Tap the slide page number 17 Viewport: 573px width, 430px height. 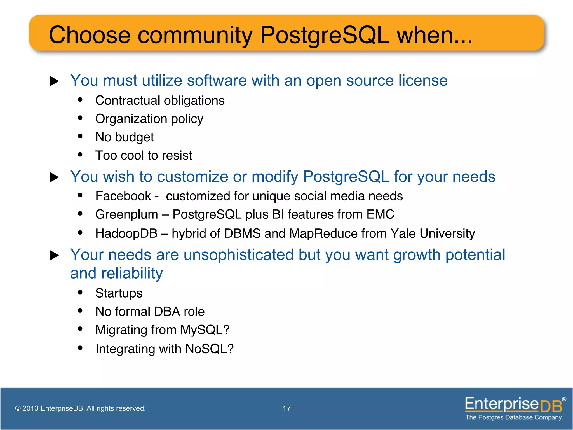click(x=286, y=408)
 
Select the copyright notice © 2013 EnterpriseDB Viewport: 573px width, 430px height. click(x=80, y=408)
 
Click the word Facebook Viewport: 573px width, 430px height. click(x=123, y=196)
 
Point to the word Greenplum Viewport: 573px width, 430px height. click(x=126, y=214)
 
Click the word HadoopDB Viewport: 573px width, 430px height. click(x=126, y=233)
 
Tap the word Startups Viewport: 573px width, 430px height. click(x=119, y=293)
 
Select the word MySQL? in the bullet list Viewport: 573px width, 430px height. click(x=205, y=330)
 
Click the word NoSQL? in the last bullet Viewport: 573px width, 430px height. click(x=209, y=349)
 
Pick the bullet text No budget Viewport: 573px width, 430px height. click(x=125, y=137)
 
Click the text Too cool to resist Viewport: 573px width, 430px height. click(x=144, y=155)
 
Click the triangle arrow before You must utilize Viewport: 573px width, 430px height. click(x=54, y=81)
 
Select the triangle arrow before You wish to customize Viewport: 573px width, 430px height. click(x=54, y=177)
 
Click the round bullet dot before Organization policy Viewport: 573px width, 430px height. click(x=80, y=118)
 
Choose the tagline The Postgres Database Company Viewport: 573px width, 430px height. click(x=513, y=417)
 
